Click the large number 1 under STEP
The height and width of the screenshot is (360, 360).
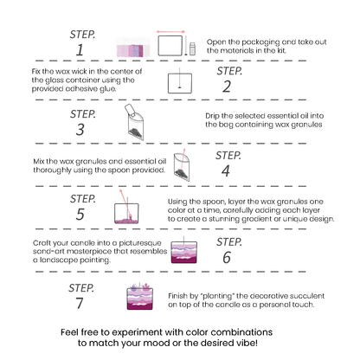coord(80,50)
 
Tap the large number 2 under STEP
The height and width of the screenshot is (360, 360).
coord(227,87)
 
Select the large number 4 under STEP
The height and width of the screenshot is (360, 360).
coord(226,171)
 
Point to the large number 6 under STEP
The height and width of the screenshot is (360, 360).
coord(227,257)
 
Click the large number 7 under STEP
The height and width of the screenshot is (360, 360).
coord(80,303)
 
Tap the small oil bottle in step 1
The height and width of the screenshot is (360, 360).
coord(192,48)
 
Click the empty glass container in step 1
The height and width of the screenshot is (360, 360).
coord(170,46)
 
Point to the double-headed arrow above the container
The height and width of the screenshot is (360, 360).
coord(170,32)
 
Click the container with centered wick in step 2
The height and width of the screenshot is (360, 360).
coord(180,83)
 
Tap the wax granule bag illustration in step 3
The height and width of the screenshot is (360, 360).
coord(134,122)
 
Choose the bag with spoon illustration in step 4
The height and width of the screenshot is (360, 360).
coord(182,165)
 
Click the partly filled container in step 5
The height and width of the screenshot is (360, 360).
coord(126,214)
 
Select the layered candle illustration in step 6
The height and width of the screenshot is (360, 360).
coord(184,252)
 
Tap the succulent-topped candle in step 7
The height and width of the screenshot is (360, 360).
coord(140,297)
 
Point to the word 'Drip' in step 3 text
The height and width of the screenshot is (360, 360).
coord(212,116)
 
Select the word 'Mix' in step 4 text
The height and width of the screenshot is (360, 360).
coord(39,161)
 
